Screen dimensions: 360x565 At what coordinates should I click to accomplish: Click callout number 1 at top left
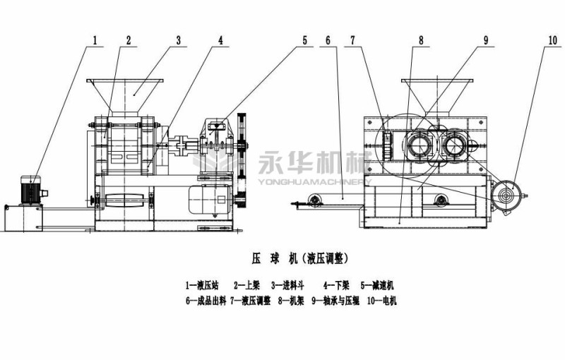coord(94,40)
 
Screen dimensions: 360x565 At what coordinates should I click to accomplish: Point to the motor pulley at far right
coord(507,193)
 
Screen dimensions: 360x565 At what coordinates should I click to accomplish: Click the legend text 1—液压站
coord(202,285)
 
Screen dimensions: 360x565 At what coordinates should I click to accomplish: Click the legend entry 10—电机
coord(381,301)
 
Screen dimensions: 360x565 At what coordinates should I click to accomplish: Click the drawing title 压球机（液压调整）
coord(299,258)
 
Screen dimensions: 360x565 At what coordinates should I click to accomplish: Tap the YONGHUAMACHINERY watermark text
coord(314,180)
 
